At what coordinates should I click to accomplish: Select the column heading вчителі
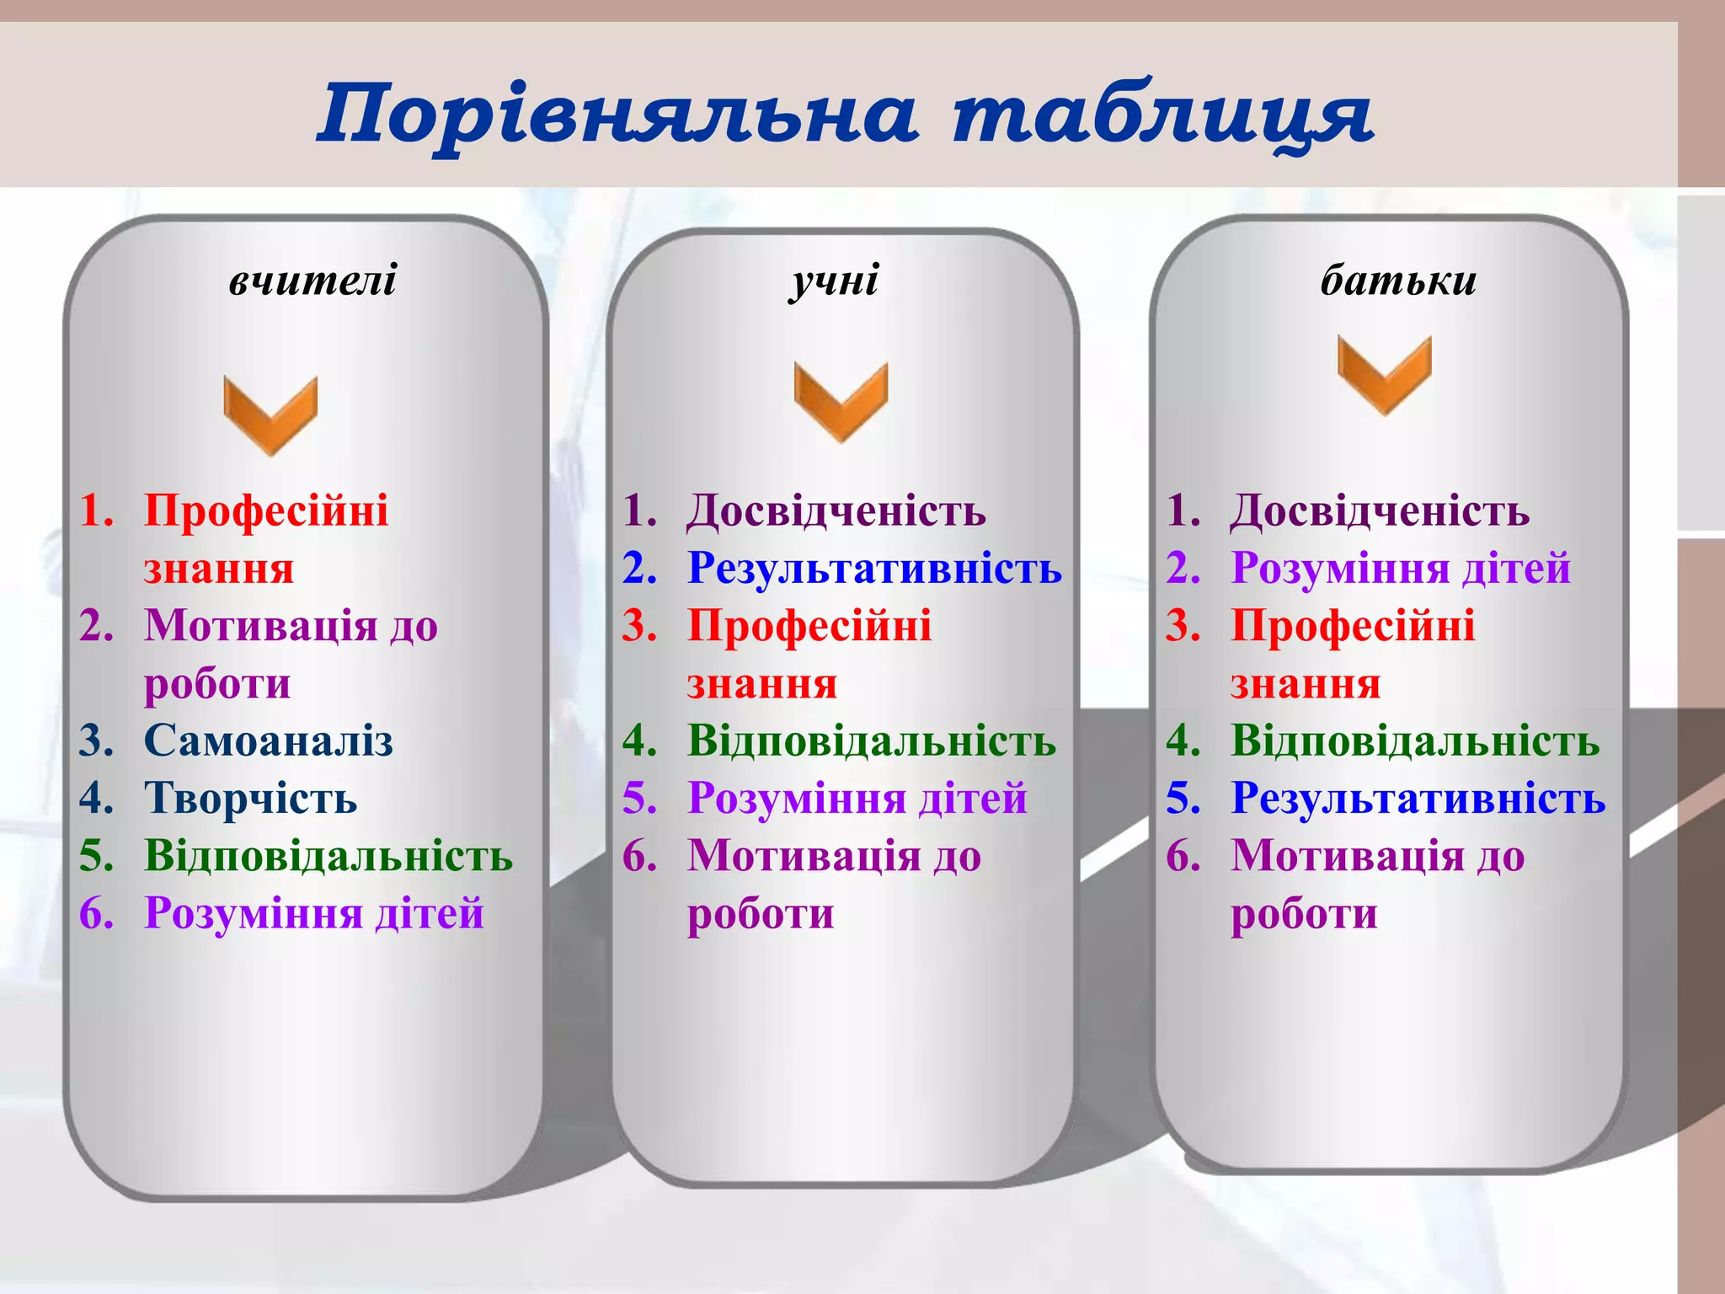(x=312, y=279)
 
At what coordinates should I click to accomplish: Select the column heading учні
(x=834, y=279)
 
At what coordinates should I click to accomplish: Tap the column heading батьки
(x=1398, y=279)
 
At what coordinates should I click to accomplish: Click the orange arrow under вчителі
(x=270, y=414)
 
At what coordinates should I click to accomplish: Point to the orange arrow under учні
(x=841, y=400)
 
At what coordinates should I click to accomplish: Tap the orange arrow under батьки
(x=1384, y=374)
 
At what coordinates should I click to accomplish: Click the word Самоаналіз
(x=268, y=741)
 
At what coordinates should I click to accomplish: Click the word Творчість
(x=250, y=798)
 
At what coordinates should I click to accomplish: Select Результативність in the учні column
(x=874, y=568)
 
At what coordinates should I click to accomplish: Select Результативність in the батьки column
(x=1418, y=798)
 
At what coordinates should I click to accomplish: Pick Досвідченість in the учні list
(x=836, y=511)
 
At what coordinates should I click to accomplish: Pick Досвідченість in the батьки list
(x=1380, y=511)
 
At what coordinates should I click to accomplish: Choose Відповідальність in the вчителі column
(x=328, y=855)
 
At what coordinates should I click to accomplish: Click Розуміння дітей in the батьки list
(x=1400, y=568)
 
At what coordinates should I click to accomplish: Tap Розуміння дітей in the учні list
(x=857, y=798)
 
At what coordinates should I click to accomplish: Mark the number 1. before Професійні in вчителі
(x=96, y=511)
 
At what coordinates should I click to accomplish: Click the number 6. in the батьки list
(x=1183, y=856)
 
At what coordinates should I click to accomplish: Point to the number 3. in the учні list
(x=639, y=626)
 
